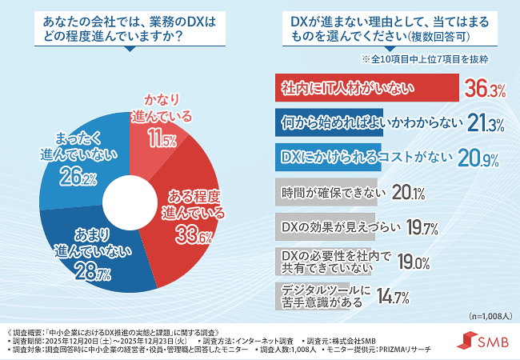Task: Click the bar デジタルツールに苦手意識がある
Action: [x=320, y=295]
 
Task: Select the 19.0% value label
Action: [x=416, y=262]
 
